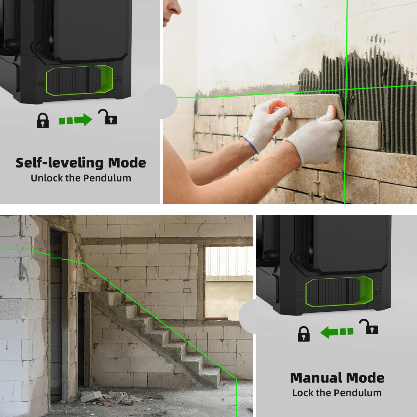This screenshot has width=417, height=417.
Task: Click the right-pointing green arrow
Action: pos(76,120)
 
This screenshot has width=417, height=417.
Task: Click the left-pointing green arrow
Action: pos(336,332)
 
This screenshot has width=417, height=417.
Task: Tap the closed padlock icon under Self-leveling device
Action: pos(43,121)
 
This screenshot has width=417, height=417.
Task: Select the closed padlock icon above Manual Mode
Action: pos(303,334)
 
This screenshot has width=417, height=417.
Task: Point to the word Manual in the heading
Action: pos(316,378)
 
